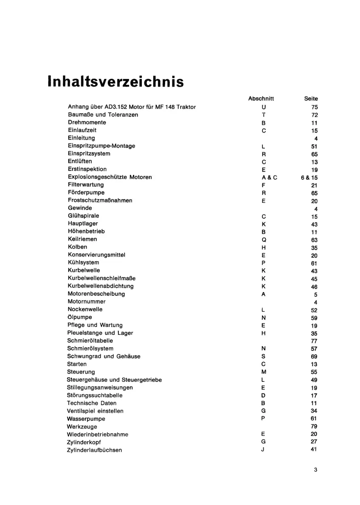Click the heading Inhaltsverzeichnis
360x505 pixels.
coord(115,81)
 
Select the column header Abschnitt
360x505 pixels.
coord(261,98)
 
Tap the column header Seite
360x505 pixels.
coord(311,98)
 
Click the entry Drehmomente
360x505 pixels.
coord(87,122)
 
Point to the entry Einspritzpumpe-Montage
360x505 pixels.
coord(101,146)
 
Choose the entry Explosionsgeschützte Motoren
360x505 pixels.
coord(110,177)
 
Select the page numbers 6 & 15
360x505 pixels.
coord(309,177)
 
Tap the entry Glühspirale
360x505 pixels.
coord(84,216)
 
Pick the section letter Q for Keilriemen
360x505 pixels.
coord(264,240)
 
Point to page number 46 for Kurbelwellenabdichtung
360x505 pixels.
coord(314,287)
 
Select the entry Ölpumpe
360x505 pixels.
coord(80,317)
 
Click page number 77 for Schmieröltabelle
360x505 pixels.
coord(314,341)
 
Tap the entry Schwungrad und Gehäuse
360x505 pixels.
coord(104,356)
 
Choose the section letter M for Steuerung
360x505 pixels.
coord(264,372)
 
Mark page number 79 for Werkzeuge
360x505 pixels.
coord(314,426)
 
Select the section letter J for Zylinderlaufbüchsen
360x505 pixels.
coord(263,450)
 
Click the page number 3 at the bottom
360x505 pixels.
coord(315,469)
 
